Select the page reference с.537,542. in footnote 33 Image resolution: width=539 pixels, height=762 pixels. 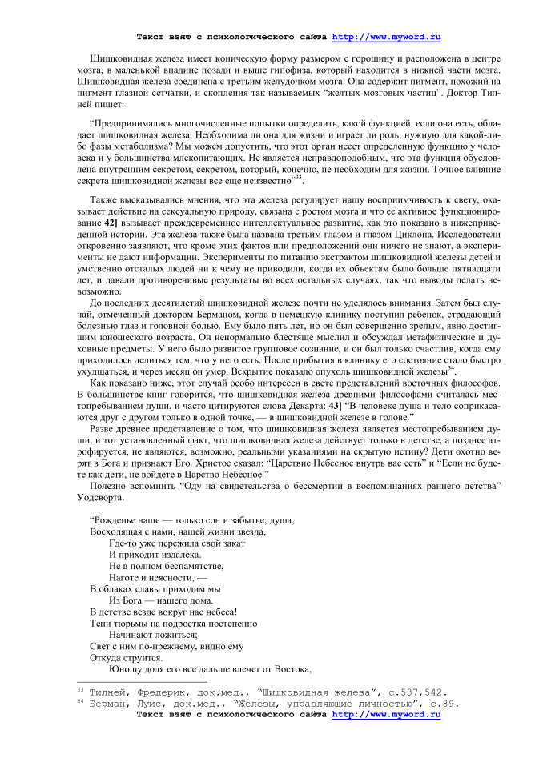[x=413, y=692]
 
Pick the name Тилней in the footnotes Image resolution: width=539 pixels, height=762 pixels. [x=109, y=692]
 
